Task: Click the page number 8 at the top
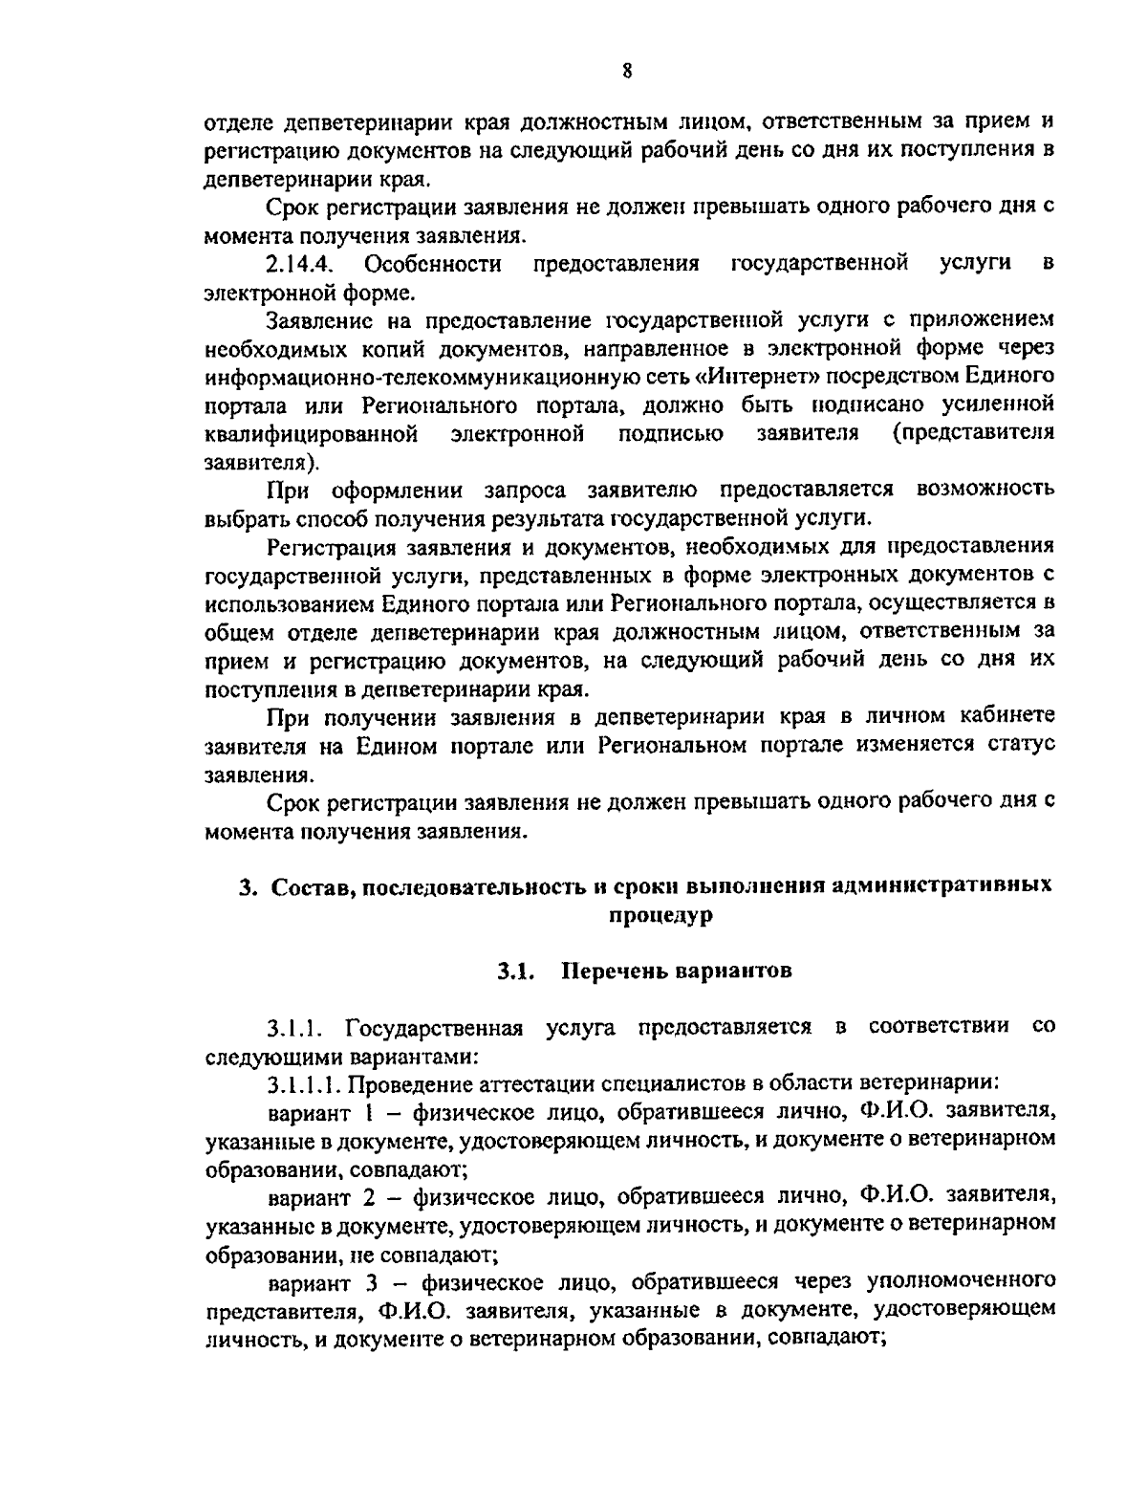pyautogui.click(x=625, y=71)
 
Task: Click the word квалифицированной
pyautogui.click(x=312, y=433)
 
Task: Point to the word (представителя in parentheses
pyautogui.click(x=972, y=432)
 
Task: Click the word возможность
pyautogui.click(x=985, y=490)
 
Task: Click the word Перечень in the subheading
pyautogui.click(x=610, y=972)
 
